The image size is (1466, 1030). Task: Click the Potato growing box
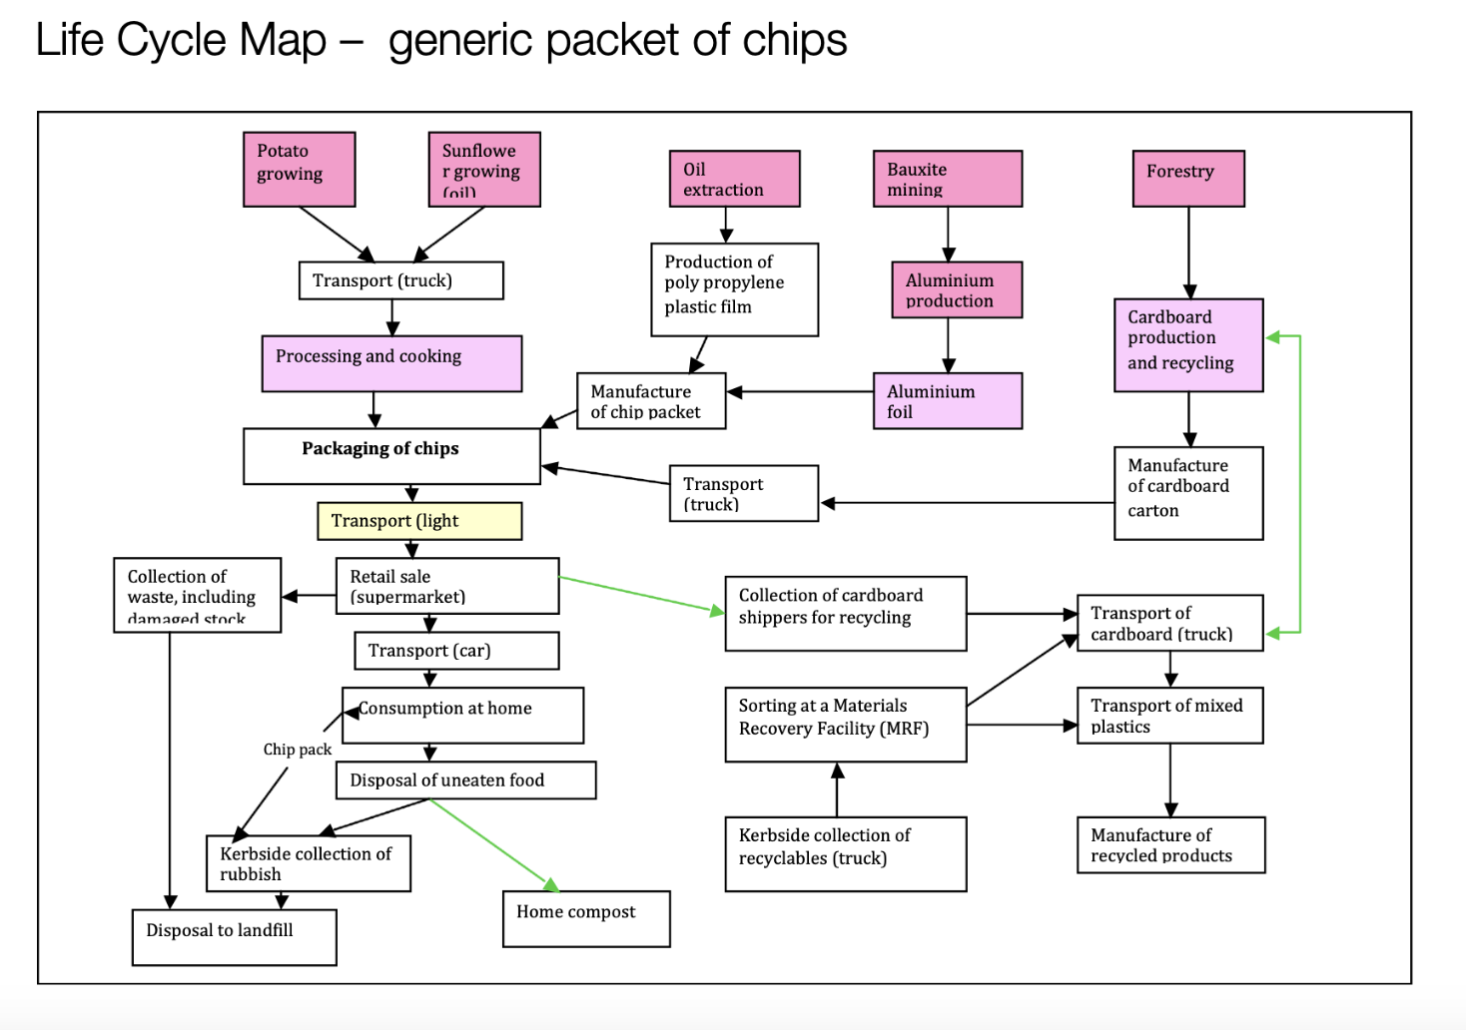point(299,169)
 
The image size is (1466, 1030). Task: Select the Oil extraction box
point(734,179)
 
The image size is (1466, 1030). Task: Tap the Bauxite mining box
point(948,179)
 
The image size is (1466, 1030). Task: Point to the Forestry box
point(1188,179)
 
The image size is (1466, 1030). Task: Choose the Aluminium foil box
point(948,401)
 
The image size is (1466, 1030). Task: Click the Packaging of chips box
point(391,456)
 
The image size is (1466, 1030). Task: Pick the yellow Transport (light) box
point(419,521)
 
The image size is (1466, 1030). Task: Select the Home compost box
point(586,918)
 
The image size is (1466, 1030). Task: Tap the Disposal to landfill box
point(234,936)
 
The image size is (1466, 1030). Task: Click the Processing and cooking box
point(391,363)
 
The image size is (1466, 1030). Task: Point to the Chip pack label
point(298,750)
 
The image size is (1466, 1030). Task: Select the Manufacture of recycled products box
point(1170,844)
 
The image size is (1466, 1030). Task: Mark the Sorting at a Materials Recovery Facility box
point(845,724)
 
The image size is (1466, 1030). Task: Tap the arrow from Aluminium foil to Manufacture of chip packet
point(799,392)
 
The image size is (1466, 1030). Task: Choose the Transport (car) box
point(456,651)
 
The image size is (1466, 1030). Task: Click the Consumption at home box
point(462,715)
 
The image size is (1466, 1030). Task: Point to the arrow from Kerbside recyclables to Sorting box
point(837,789)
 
